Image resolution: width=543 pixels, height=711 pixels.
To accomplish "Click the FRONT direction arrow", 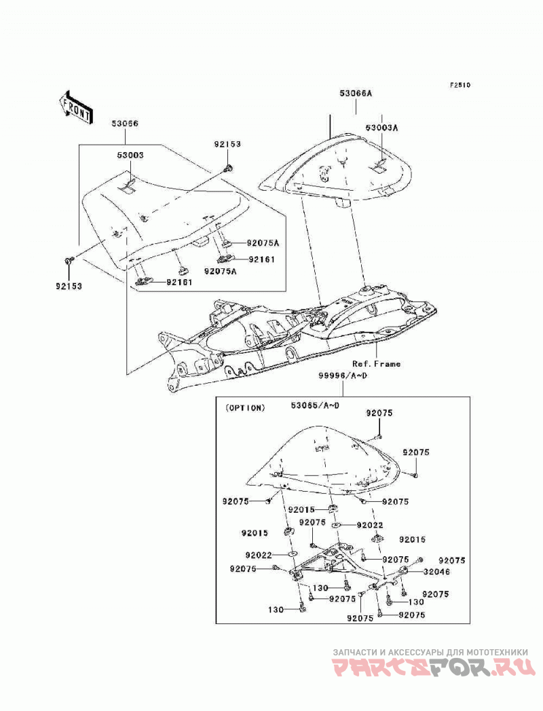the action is click(x=76, y=107).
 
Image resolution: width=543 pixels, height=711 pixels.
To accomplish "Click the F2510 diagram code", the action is click(x=460, y=85).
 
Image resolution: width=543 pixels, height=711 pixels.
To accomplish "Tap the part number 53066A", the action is click(x=356, y=94).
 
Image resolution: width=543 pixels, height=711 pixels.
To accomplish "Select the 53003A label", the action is click(x=381, y=128).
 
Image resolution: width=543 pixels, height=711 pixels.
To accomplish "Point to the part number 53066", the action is click(x=125, y=124).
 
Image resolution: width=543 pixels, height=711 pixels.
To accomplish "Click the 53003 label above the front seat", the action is click(x=130, y=155).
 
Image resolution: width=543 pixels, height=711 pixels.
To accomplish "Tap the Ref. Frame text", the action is click(x=376, y=364).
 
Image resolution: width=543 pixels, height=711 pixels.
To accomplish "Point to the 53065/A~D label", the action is click(x=315, y=405).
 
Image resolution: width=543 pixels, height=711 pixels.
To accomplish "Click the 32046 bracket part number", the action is click(x=437, y=572).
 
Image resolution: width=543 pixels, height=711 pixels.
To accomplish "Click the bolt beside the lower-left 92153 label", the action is click(x=69, y=261).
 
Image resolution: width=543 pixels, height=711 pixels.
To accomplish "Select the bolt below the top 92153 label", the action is click(x=228, y=168).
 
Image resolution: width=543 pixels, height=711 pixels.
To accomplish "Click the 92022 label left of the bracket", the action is click(x=259, y=555).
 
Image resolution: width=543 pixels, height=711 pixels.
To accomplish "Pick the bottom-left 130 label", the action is click(x=276, y=609).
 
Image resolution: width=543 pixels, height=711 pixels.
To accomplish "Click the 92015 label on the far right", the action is click(x=413, y=540).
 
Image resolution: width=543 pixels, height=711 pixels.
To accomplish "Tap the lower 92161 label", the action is click(x=179, y=282).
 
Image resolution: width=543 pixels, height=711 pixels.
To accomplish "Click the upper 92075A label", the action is click(x=263, y=243).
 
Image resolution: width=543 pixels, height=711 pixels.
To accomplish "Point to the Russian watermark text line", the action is click(x=430, y=652).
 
